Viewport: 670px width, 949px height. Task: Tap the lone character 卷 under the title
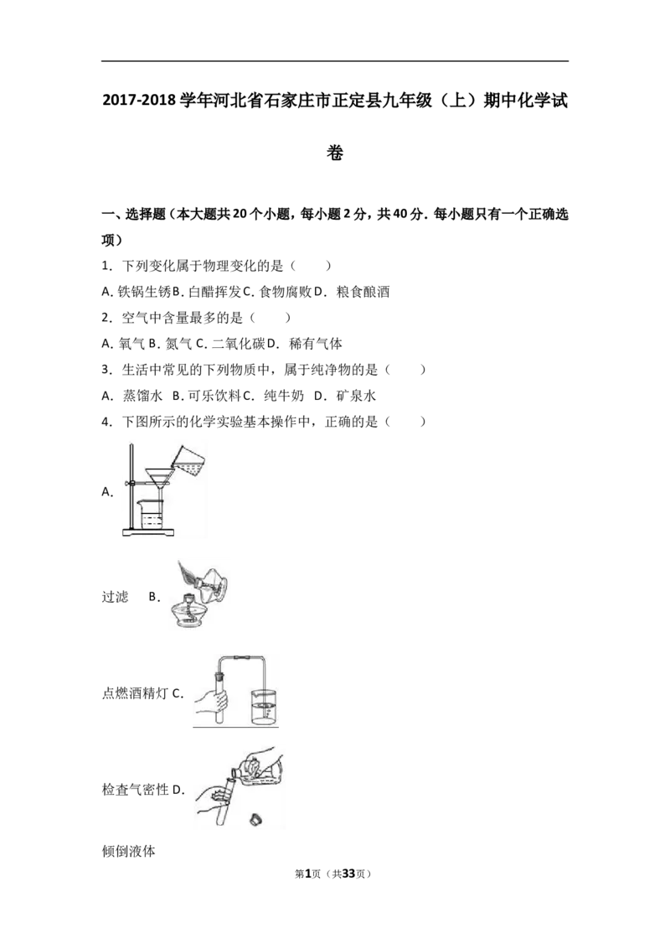tap(335, 153)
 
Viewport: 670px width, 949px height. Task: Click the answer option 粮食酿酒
tap(363, 292)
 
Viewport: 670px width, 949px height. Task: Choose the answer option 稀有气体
tap(316, 344)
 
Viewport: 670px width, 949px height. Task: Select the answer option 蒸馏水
tap(142, 396)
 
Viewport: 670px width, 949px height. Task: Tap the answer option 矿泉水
tap(356, 396)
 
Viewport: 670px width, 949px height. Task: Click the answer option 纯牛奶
tap(284, 396)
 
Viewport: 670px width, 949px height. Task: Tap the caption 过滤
tap(115, 597)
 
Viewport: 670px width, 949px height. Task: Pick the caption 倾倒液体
tap(128, 851)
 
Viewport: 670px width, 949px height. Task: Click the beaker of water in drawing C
tap(263, 707)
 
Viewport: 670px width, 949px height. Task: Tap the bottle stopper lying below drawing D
tap(255, 820)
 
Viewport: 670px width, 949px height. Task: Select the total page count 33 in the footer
tap(349, 874)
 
